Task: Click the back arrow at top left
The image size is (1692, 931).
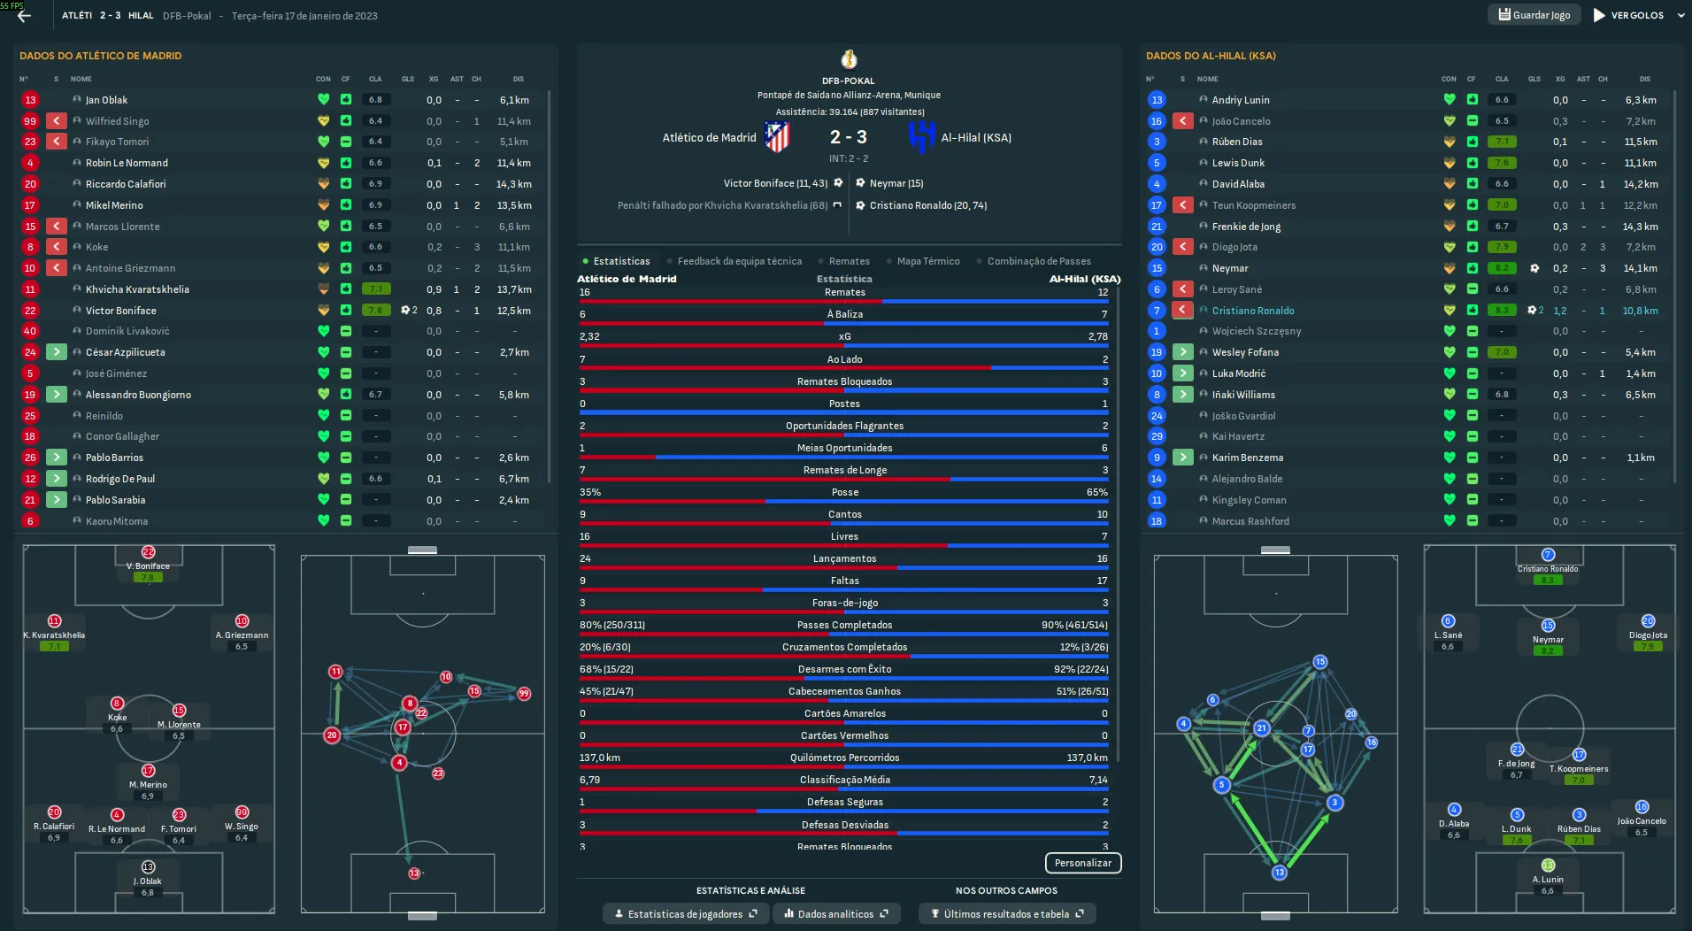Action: (24, 16)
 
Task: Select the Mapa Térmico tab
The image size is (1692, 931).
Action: (927, 261)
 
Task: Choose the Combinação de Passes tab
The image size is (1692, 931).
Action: (1038, 261)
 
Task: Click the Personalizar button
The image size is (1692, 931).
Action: (1082, 863)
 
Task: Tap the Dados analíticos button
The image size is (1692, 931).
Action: (835, 914)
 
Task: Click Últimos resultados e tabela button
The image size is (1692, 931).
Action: (1006, 914)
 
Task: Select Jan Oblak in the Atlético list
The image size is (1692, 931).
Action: (107, 100)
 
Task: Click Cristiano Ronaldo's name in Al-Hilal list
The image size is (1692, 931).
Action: (1252, 311)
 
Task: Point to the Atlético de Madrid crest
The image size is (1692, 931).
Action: (777, 137)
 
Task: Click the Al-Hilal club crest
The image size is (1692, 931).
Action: (921, 137)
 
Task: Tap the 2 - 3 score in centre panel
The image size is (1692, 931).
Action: (848, 137)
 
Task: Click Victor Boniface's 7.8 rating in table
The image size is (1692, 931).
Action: (376, 311)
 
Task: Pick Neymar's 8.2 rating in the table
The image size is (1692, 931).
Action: (1502, 268)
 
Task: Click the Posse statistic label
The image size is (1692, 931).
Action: (845, 492)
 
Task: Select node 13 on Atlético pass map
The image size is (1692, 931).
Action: (414, 873)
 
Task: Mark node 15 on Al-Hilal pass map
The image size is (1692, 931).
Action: (1319, 662)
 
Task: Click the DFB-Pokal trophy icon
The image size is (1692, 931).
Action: (849, 60)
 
